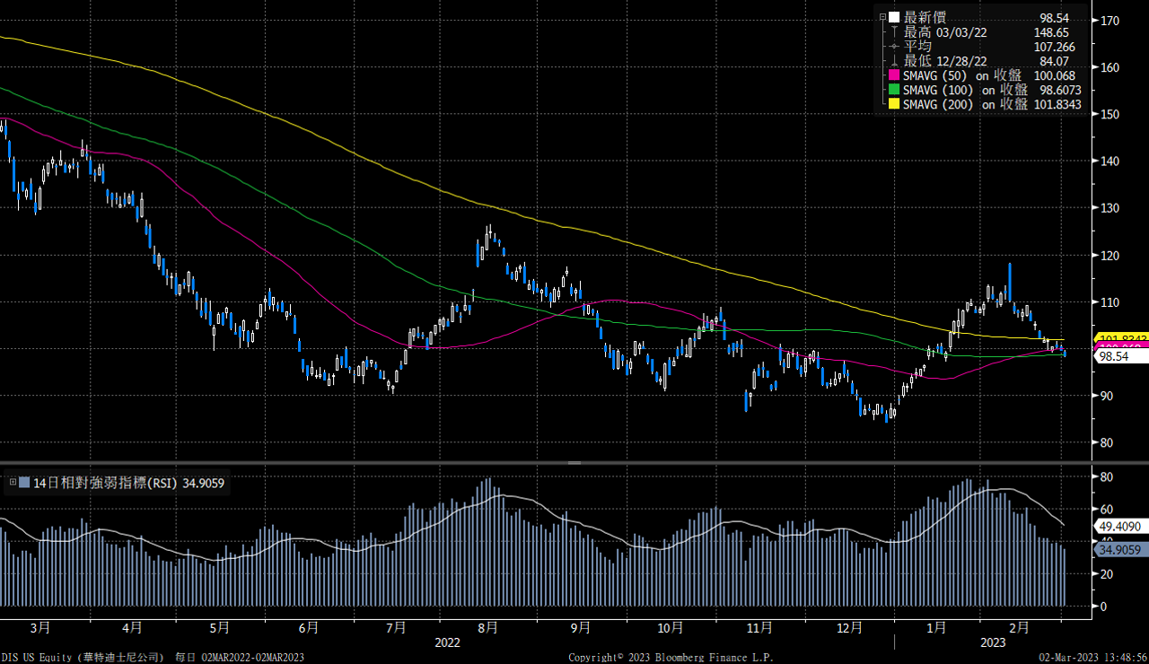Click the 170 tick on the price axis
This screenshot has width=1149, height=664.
point(1109,20)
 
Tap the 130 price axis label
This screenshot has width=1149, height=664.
point(1109,207)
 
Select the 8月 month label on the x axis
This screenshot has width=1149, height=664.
point(487,627)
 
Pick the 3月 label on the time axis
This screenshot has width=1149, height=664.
point(40,627)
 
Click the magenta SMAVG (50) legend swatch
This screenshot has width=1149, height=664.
point(893,75)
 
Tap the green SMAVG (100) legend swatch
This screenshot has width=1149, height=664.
point(893,90)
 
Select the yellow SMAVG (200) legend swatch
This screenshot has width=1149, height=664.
point(893,104)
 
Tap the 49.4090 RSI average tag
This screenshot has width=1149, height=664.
point(1119,526)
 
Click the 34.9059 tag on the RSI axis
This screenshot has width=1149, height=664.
point(1119,549)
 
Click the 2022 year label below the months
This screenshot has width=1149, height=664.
point(447,642)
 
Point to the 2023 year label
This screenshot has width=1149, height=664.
point(992,642)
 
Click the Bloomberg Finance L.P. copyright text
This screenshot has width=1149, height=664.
point(671,658)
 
